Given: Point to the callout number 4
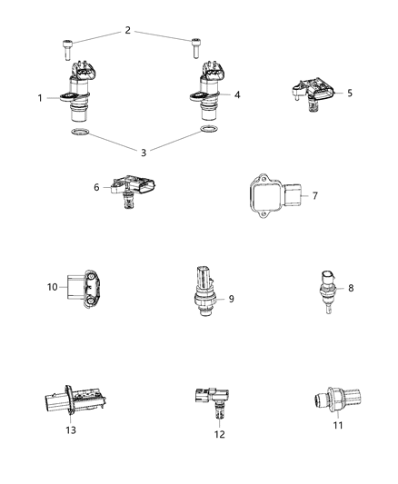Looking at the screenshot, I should point(236,94).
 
